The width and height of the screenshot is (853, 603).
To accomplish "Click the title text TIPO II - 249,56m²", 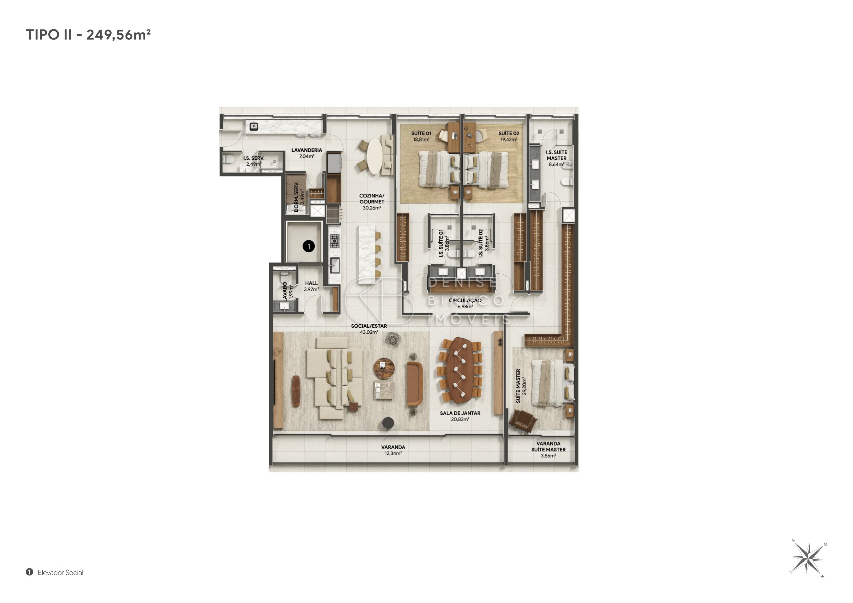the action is tap(88, 35).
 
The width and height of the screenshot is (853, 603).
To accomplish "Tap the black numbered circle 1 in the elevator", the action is tap(308, 246).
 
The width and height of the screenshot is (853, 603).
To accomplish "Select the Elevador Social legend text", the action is tap(61, 573).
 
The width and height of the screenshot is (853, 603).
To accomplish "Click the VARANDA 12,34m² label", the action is tap(393, 451).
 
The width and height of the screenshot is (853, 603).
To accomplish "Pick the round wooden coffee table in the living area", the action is tap(384, 369).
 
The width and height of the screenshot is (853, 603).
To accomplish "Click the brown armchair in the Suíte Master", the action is tap(523, 421).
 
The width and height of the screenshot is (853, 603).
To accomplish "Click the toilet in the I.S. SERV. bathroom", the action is tap(228, 159).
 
